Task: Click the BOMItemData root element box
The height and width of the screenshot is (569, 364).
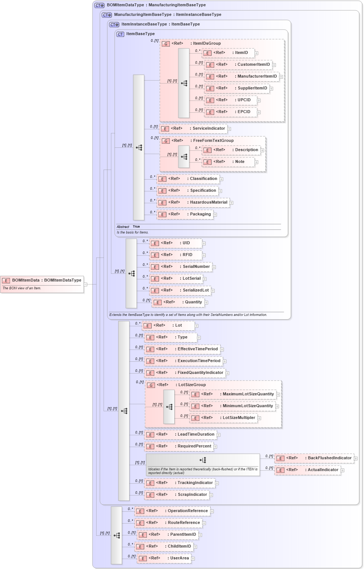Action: (42, 280)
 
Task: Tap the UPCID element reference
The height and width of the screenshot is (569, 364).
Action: (230, 100)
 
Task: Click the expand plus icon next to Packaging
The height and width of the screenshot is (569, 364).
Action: (215, 215)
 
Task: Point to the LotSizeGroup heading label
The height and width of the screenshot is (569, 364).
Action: (192, 385)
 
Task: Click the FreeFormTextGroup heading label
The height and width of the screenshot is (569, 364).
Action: (213, 141)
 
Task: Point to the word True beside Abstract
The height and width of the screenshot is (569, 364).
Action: (136, 227)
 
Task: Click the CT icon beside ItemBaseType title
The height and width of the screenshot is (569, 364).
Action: (120, 34)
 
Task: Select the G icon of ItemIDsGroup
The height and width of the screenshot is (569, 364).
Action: (166, 44)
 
